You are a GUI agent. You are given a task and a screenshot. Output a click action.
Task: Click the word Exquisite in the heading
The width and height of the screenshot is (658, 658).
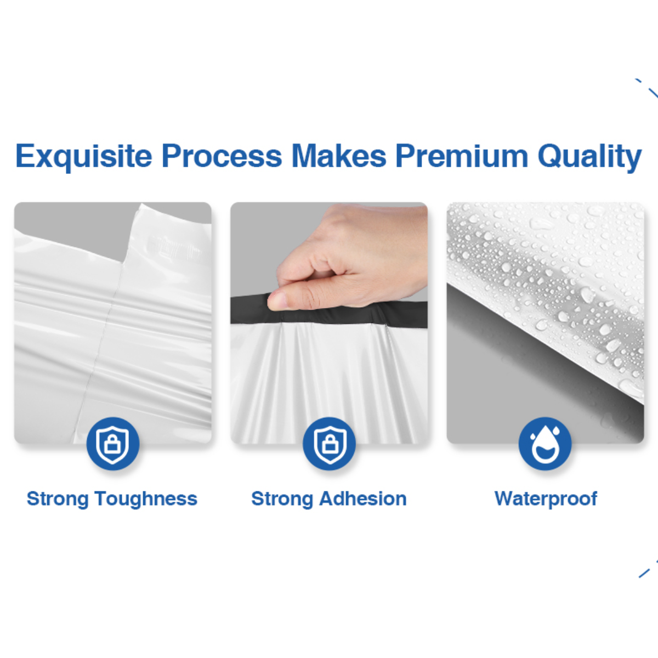coord(84,157)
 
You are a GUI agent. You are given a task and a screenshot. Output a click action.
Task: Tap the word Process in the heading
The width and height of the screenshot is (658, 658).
coord(222,156)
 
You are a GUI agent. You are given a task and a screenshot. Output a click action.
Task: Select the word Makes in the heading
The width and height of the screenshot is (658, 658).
coord(338,156)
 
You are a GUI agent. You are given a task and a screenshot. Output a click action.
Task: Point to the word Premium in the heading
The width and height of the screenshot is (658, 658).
coord(462,156)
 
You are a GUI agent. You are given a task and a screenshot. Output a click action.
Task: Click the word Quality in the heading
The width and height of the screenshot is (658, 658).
coord(589,157)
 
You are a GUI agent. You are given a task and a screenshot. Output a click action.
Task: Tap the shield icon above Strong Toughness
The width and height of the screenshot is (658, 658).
coord(113,444)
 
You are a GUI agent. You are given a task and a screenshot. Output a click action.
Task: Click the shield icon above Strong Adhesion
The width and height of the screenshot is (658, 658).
coord(329,444)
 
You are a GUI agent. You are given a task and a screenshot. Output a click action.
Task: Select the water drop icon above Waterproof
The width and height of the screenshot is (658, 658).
coord(545,444)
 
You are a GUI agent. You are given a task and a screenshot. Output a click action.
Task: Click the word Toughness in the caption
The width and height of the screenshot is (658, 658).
coord(146,500)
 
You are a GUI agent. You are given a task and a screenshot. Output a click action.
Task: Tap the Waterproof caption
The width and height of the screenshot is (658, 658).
coord(546,500)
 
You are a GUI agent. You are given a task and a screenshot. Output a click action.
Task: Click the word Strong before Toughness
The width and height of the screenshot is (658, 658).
coord(58,500)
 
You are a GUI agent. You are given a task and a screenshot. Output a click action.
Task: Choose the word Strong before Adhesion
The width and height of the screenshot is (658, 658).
coord(282,500)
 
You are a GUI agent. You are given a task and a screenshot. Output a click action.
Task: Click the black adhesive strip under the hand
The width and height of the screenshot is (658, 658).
coord(329,311)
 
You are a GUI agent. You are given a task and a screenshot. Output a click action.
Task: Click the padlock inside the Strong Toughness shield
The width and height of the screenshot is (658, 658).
coord(113,445)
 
